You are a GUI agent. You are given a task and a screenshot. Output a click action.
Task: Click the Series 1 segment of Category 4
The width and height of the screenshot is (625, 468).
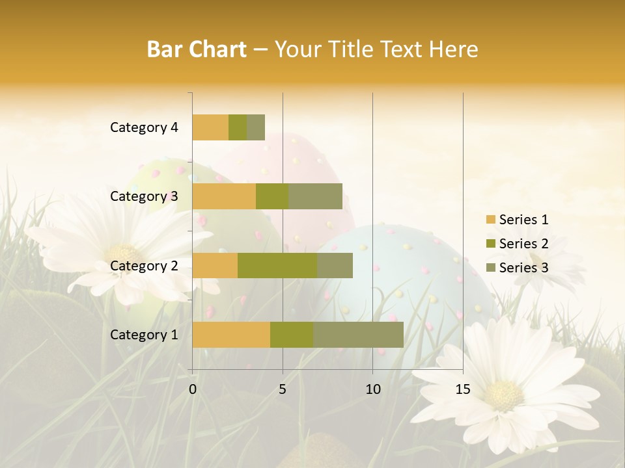210,127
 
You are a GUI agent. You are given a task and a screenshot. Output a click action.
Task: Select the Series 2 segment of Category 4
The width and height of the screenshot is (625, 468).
238,127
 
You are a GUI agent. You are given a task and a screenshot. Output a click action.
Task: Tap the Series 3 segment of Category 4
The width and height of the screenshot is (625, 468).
256,127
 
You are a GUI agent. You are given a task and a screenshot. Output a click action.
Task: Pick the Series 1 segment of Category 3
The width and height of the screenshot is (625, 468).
224,196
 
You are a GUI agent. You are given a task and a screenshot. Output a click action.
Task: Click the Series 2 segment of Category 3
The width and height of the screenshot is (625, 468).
272,196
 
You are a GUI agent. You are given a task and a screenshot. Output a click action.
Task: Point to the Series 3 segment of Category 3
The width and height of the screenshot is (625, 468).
315,196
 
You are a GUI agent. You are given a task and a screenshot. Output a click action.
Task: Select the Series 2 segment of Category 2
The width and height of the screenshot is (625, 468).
277,265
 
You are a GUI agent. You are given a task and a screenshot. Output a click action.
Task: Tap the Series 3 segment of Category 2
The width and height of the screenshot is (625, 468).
335,265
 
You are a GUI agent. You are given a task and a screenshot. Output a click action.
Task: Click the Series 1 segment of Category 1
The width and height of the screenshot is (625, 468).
231,335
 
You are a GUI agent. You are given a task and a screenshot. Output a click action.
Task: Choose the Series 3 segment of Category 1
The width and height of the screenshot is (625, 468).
358,335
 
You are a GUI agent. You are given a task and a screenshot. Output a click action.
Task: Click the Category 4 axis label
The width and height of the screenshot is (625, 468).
144,127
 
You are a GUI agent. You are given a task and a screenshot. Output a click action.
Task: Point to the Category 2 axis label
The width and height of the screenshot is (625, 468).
144,265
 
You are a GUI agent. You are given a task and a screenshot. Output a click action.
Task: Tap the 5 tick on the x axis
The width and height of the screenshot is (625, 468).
283,389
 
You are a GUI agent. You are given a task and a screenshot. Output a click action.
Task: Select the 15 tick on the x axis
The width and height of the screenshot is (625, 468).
462,389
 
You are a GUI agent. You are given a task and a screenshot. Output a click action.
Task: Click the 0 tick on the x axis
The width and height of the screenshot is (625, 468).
193,389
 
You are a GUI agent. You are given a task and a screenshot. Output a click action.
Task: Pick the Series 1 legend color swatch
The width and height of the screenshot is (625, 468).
490,220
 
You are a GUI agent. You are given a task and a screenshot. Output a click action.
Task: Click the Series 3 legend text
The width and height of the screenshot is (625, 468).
523,268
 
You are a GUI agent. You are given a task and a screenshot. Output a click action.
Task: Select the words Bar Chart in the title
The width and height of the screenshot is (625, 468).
197,49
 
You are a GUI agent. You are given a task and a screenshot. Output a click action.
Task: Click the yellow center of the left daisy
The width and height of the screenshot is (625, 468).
122,253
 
